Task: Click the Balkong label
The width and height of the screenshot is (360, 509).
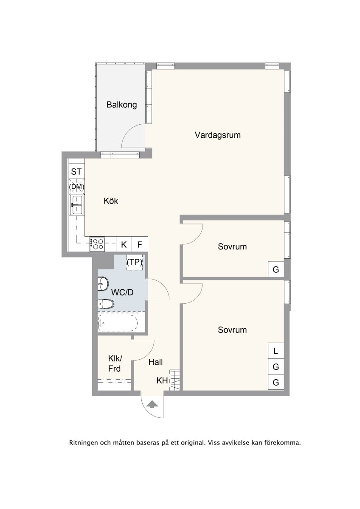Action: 122,105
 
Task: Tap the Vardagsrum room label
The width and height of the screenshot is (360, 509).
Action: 218,135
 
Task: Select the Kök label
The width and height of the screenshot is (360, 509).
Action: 111,201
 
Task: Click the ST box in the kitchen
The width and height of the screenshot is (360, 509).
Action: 76,172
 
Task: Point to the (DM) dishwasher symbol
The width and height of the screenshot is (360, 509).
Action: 77,187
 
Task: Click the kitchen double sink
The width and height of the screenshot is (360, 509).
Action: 77,205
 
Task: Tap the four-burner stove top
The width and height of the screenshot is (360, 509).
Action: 97,244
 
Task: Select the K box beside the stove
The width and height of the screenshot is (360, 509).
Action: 124,244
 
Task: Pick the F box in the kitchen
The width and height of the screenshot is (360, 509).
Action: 140,244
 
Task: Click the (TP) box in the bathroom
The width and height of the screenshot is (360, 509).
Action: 135,262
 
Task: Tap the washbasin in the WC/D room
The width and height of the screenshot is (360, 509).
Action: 103,284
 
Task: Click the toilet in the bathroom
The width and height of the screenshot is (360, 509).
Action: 106,304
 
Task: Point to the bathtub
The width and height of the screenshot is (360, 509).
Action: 118,323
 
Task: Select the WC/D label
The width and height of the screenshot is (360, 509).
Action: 122,292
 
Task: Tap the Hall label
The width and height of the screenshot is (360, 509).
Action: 155,362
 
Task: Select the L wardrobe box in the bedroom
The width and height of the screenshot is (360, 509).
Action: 276,351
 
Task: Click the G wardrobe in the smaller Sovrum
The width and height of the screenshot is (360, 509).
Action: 276,269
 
